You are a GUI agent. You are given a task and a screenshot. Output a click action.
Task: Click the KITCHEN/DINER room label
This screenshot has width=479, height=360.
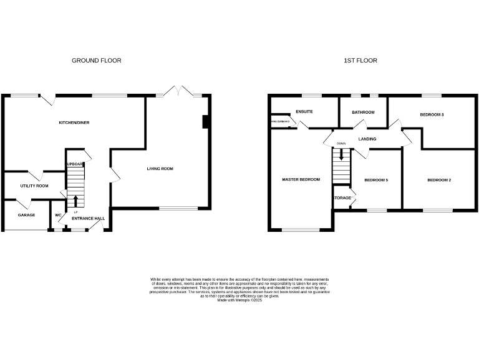point(74,122)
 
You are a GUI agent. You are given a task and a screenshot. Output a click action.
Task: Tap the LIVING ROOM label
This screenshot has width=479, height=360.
point(160,169)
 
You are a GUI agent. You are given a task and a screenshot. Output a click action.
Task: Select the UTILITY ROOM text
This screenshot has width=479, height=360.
point(34,186)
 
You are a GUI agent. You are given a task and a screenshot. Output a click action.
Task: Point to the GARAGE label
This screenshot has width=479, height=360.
point(26,215)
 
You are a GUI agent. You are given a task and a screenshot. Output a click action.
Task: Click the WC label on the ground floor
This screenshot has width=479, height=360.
point(58,215)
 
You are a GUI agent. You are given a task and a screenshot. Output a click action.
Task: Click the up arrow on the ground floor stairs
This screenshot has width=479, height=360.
point(76,201)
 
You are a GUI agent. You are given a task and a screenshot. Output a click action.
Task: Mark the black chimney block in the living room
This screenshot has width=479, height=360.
point(205,122)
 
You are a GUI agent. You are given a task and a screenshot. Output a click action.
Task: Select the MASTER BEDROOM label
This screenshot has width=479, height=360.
point(301,179)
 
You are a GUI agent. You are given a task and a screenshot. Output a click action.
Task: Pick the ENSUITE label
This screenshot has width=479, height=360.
point(304,112)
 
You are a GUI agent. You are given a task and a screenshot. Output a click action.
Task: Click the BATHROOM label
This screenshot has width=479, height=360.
point(363,112)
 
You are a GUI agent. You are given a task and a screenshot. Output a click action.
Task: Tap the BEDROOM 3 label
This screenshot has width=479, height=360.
point(432,115)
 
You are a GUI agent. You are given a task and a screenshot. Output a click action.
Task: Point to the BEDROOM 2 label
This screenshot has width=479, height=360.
point(439,180)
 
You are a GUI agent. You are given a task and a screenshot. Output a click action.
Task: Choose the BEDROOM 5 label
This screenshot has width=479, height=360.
point(376,180)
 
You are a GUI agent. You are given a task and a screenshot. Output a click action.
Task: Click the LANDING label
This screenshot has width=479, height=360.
point(367,139)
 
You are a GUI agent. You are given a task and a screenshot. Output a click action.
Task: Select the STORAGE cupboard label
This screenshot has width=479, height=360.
point(342,198)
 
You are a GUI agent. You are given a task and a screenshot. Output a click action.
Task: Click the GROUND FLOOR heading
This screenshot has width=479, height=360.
point(97,61)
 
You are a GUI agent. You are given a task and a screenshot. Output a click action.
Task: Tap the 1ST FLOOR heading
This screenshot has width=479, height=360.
point(360,61)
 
